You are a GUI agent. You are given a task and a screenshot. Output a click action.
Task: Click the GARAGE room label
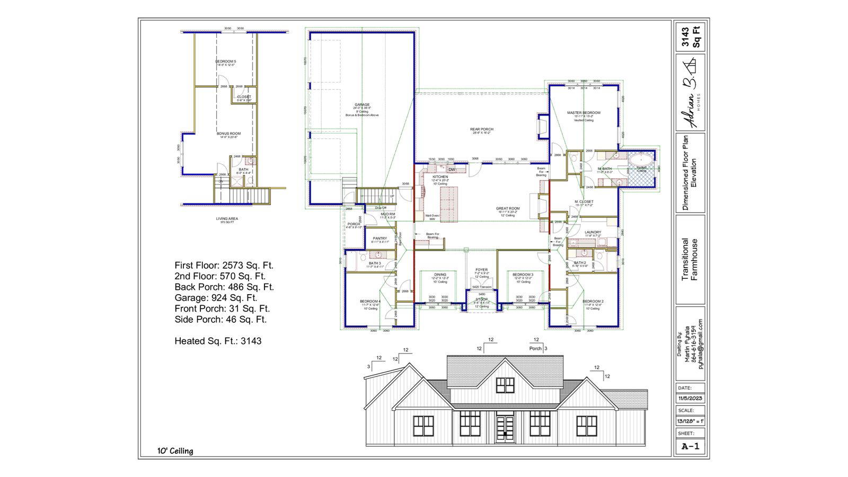pyautogui.click(x=363, y=105)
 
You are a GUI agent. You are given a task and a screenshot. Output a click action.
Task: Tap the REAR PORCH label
pyautogui.click(x=481, y=129)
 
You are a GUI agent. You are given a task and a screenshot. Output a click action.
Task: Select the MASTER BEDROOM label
pyautogui.click(x=584, y=113)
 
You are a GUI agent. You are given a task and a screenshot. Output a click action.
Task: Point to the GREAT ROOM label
pyautogui.click(x=508, y=208)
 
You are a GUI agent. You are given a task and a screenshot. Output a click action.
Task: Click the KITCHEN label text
pyautogui.click(x=440, y=177)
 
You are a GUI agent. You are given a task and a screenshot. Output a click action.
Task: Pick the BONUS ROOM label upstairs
pyautogui.click(x=228, y=134)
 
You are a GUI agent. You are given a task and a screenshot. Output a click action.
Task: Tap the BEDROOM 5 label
pyautogui.click(x=226, y=61)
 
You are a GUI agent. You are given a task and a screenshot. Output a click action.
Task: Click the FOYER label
pyautogui.click(x=481, y=270)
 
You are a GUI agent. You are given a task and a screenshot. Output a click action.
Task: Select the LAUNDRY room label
pyautogui.click(x=593, y=232)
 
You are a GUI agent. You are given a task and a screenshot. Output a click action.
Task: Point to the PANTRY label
pyautogui.click(x=380, y=238)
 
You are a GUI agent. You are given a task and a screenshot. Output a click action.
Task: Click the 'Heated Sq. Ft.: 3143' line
pyautogui.click(x=218, y=341)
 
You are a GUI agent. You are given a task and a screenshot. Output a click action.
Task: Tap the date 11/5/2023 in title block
pyautogui.click(x=690, y=399)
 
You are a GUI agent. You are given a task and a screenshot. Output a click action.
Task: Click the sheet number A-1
pyautogui.click(x=690, y=446)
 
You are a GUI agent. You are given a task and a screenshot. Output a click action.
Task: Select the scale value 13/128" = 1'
pyautogui.click(x=690, y=421)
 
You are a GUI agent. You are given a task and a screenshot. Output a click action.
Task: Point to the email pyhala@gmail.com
pyautogui.click(x=700, y=344)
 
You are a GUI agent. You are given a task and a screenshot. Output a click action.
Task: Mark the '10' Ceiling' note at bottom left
pyautogui.click(x=175, y=451)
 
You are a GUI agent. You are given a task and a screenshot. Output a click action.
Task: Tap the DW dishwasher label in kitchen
pyautogui.click(x=452, y=170)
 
